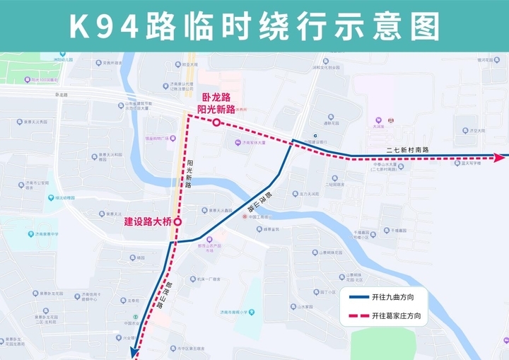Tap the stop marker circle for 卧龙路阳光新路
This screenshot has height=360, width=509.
216,123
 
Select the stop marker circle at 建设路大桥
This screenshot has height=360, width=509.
177,221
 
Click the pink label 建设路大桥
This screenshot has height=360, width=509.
148,221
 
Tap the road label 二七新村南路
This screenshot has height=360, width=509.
407,149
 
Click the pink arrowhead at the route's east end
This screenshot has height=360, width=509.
501,157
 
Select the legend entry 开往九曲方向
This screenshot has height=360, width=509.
395,296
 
